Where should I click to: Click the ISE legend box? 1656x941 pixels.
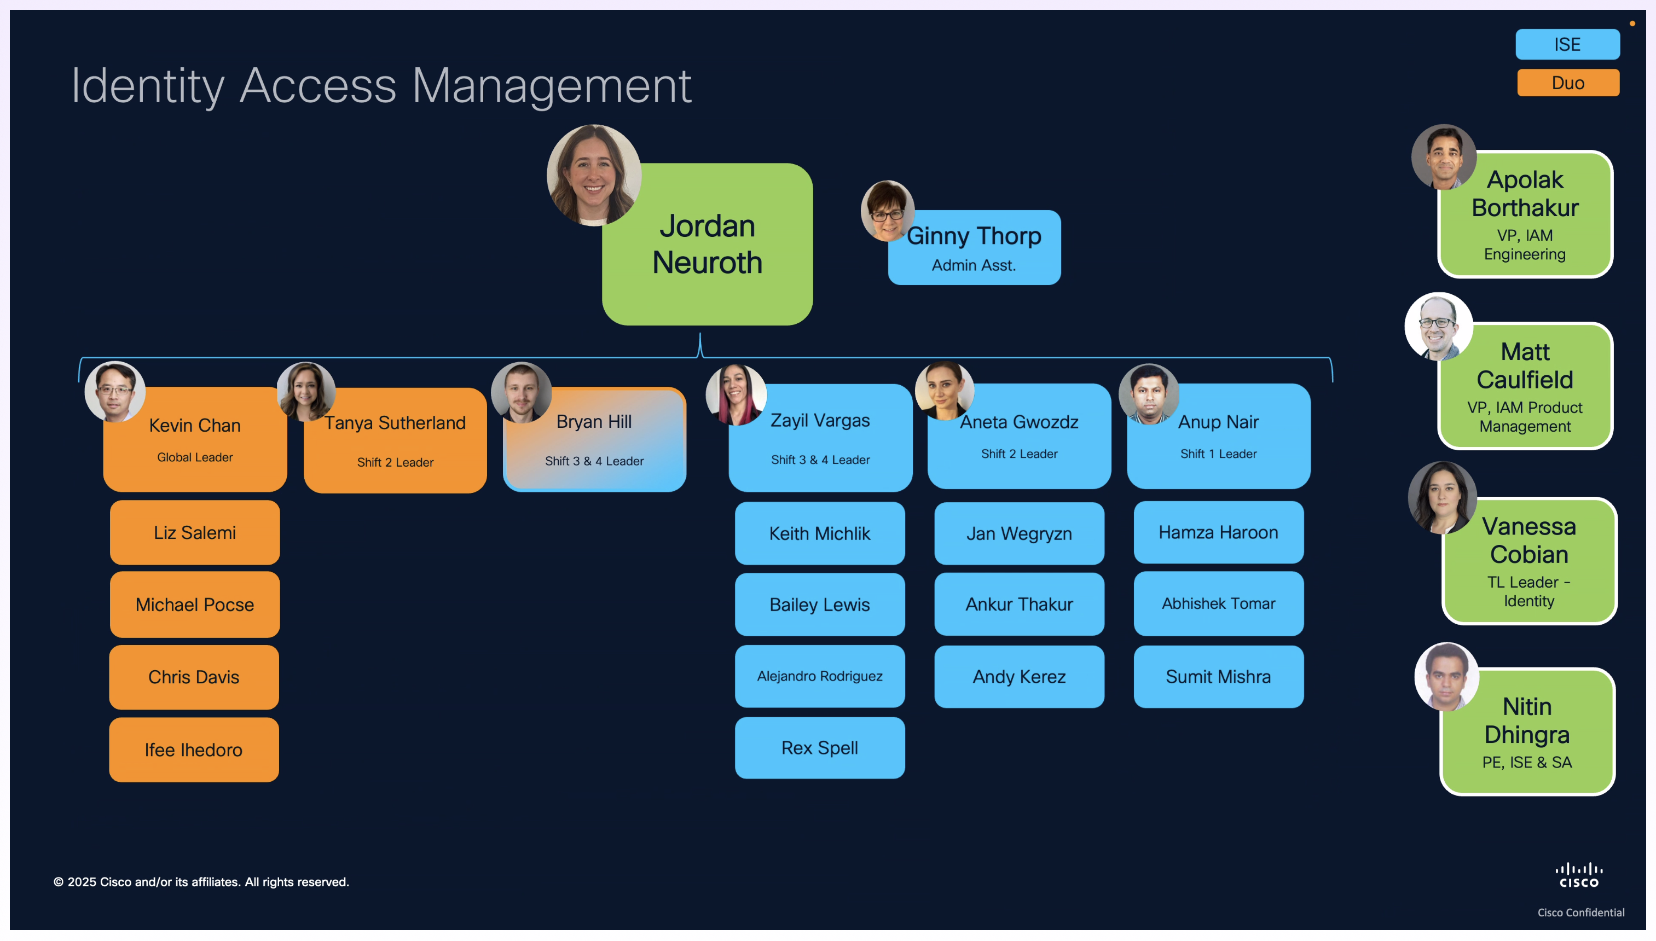tap(1567, 44)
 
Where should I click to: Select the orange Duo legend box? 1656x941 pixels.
tap(1567, 83)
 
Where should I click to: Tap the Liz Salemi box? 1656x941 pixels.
tap(195, 532)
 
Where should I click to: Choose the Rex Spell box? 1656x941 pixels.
tap(820, 748)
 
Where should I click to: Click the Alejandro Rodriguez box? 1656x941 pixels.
tap(820, 676)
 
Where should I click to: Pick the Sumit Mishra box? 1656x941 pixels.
tap(1218, 677)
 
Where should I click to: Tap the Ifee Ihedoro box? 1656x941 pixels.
tap(194, 750)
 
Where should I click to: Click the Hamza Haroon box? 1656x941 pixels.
tap(1218, 532)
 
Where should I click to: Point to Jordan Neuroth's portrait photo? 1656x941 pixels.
tap(593, 175)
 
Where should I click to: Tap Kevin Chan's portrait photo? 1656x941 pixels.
tap(115, 392)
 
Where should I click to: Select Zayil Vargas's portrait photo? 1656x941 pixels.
tap(736, 394)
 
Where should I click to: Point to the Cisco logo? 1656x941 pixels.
tap(1578, 876)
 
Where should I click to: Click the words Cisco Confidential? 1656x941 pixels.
tap(1580, 913)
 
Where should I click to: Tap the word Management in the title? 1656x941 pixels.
tap(551, 85)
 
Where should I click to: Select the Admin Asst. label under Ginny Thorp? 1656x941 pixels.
tap(974, 265)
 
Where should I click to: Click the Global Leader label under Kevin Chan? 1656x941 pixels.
tap(195, 457)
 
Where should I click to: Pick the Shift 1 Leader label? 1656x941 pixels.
tap(1218, 454)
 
